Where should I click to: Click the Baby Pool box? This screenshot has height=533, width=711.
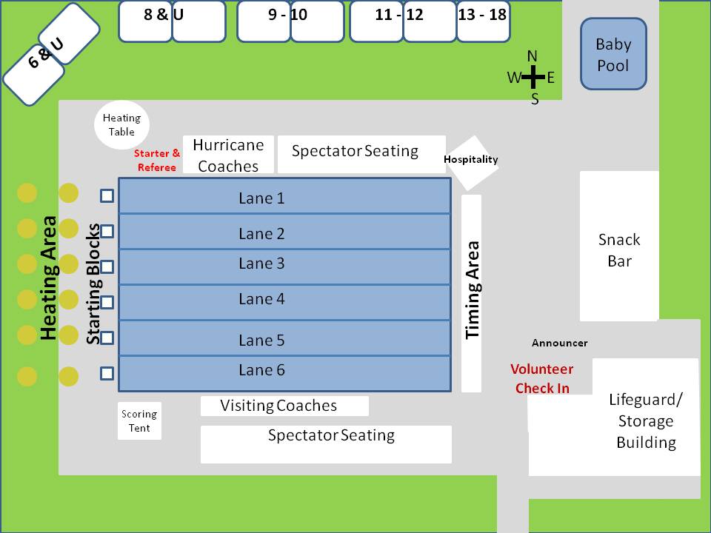point(613,54)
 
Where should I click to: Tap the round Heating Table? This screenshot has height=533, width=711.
point(121,124)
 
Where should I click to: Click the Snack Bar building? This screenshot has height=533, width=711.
point(619,247)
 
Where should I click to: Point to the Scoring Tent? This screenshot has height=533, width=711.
point(139,420)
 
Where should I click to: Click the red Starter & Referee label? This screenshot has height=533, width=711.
point(156,161)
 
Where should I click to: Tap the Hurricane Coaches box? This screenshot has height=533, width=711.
point(228,155)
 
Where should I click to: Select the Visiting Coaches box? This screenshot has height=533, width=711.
point(284,406)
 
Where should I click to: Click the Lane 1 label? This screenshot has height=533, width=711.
point(261,198)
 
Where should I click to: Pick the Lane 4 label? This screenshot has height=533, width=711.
point(261,299)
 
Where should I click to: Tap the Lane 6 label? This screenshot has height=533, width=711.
point(261,370)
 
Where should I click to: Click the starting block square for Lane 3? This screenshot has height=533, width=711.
point(107,266)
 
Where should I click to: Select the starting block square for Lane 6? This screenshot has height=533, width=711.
point(107,373)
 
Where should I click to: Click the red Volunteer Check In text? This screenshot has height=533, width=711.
point(543,378)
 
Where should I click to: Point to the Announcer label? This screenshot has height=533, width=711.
point(560,343)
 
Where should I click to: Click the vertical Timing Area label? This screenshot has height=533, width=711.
point(472,290)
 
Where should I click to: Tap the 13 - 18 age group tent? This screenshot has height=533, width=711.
point(483,21)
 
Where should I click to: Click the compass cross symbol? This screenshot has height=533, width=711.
point(533,76)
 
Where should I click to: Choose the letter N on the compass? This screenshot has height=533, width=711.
point(533,56)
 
